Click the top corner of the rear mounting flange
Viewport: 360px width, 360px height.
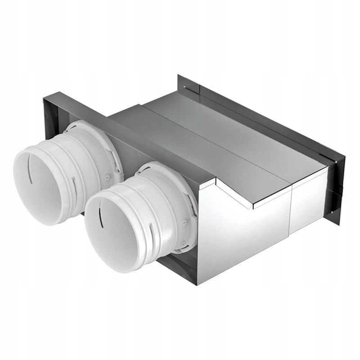point(179,76)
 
